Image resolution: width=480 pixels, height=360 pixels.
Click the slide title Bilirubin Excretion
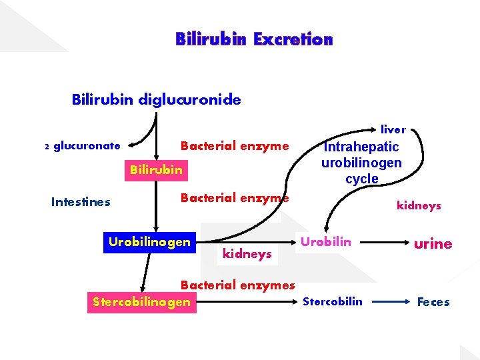click(254, 39)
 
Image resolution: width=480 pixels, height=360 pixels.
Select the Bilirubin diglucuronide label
click(157, 100)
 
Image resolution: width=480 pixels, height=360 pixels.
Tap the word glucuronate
click(87, 145)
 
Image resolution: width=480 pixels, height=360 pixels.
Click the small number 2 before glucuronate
click(47, 147)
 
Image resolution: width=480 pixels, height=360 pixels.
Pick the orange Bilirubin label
click(156, 169)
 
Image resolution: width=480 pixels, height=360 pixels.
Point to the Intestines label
click(81, 201)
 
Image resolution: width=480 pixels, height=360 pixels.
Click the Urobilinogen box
click(149, 241)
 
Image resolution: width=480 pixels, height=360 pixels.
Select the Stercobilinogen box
click(141, 303)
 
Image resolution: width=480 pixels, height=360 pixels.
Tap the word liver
click(393, 129)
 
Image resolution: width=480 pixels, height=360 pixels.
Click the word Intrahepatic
click(361, 147)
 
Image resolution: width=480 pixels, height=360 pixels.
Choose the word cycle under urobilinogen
click(361, 179)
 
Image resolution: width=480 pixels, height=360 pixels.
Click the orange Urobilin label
click(325, 241)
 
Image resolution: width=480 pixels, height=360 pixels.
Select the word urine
click(433, 244)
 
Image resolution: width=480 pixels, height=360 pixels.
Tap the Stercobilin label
click(333, 301)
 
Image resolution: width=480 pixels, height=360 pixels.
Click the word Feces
click(433, 302)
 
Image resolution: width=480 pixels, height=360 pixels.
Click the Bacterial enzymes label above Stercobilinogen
click(237, 285)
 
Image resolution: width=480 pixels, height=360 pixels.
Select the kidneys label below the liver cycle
click(419, 206)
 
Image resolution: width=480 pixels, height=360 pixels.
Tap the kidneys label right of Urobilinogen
click(247, 254)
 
